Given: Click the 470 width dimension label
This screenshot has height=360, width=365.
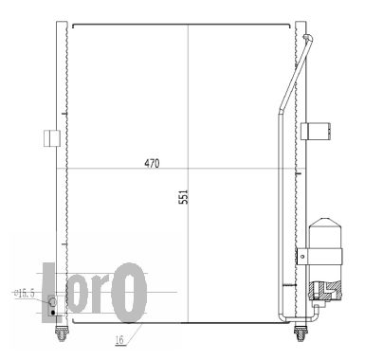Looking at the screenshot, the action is pos(152,163).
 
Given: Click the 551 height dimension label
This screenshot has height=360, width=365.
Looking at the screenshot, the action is pos(183,197).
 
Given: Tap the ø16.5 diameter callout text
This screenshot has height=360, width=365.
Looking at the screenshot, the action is pos(25,294).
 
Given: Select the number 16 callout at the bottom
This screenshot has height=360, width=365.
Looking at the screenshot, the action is pos(119,340).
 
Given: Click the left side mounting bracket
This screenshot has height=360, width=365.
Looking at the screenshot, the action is pos(52,138).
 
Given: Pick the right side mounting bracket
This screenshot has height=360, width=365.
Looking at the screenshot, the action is pos(316,131).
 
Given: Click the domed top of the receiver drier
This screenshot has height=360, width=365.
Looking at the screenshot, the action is pos(325,222).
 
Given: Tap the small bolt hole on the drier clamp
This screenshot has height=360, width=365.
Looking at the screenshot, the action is pos(302,256).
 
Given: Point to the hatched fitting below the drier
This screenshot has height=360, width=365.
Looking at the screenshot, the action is pos(325,291).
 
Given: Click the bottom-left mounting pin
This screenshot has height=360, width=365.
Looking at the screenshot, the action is pos(62,333).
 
